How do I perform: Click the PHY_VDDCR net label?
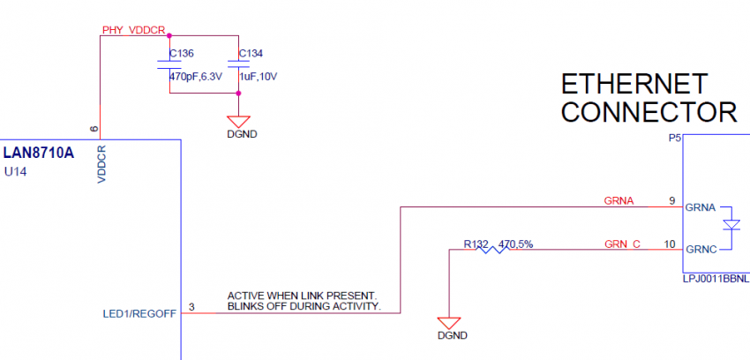pyautogui.click(x=133, y=30)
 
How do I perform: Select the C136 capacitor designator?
pyautogui.click(x=181, y=53)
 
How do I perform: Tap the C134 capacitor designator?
pyautogui.click(x=251, y=53)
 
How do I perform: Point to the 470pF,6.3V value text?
pyautogui.click(x=194, y=77)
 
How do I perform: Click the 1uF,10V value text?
pyautogui.click(x=258, y=77)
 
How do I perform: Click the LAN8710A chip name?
pyautogui.click(x=39, y=153)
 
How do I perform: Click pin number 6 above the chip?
pyautogui.click(x=94, y=130)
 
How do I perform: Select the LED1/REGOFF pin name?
pyautogui.click(x=140, y=312)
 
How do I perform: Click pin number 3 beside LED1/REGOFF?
pyautogui.click(x=191, y=307)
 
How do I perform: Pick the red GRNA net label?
pyautogui.click(x=619, y=201)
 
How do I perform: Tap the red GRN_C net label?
pyautogui.click(x=622, y=244)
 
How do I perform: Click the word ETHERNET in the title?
pyautogui.click(x=634, y=84)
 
